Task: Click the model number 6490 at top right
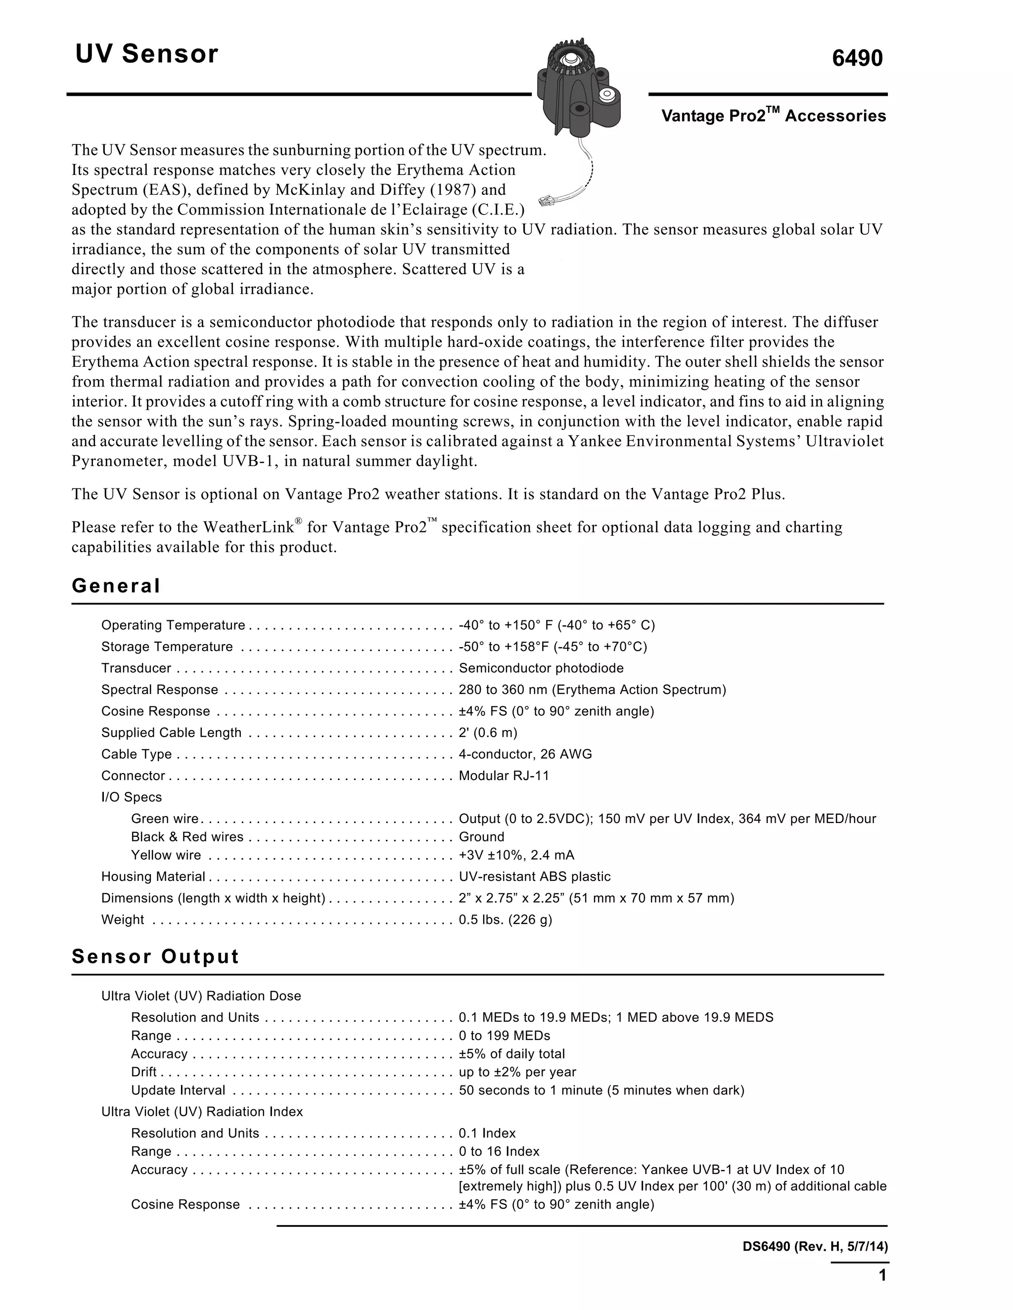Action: (857, 58)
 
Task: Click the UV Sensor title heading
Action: (146, 54)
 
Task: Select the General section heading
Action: (116, 585)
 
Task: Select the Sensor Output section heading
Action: (155, 956)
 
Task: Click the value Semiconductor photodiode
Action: (541, 668)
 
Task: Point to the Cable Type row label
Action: (136, 754)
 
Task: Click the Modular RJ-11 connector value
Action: (504, 776)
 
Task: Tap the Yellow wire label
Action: (166, 855)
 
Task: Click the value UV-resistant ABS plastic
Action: (534, 876)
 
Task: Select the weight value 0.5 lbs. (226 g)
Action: (506, 919)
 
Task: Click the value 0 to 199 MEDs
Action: (504, 1035)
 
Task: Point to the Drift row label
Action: (143, 1072)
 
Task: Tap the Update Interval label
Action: (178, 1090)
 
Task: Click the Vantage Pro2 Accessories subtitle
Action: (773, 116)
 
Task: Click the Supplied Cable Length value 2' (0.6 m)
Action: (487, 733)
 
